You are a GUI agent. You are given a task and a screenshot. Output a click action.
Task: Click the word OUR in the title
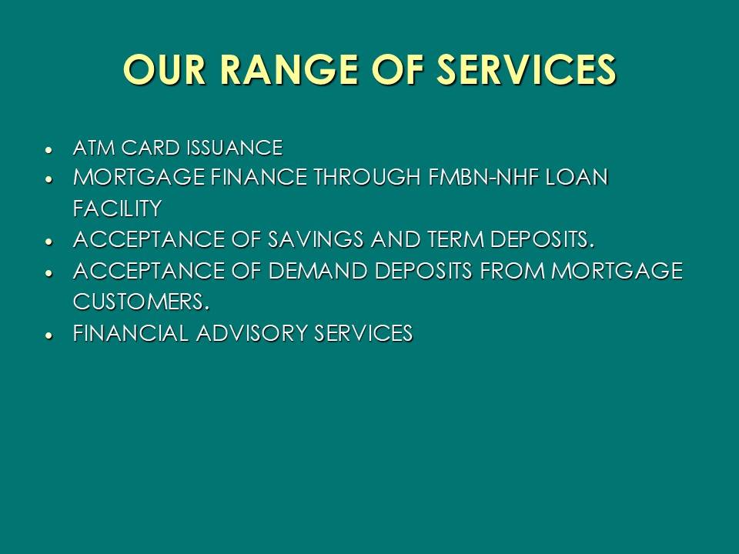(165, 69)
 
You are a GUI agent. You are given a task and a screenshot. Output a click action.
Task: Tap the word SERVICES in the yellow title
(526, 69)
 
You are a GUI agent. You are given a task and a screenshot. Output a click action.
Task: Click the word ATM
(94, 148)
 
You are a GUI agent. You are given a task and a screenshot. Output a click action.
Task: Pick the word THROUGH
(367, 178)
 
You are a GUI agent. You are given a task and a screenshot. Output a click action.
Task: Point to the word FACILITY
(117, 209)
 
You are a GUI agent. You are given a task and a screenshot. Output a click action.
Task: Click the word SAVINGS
(316, 239)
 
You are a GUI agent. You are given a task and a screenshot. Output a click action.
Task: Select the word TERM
(456, 239)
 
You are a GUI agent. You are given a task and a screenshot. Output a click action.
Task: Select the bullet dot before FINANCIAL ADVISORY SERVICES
(48, 335)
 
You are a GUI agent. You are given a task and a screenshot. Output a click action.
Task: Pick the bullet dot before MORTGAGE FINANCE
(48, 180)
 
